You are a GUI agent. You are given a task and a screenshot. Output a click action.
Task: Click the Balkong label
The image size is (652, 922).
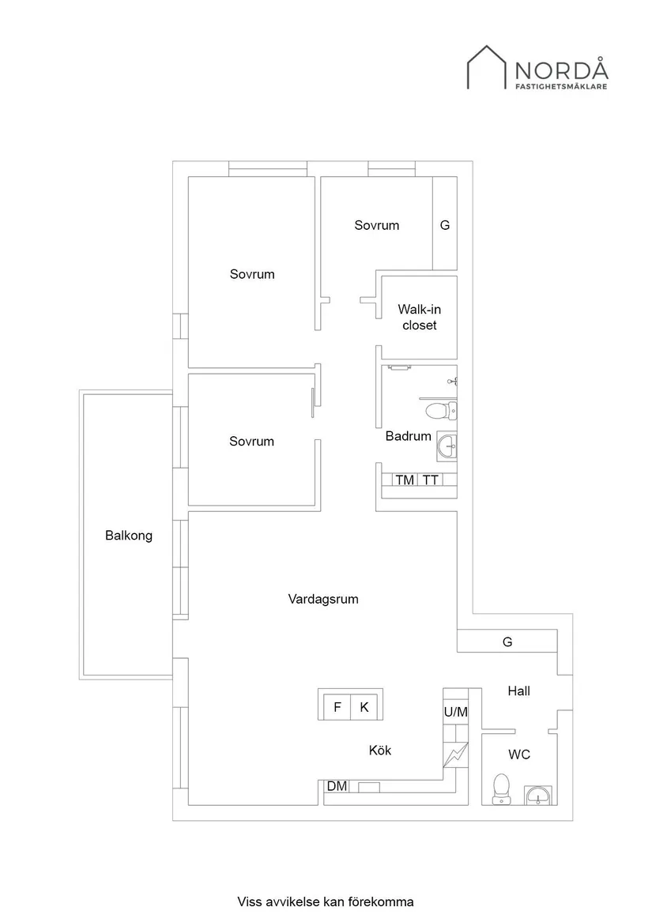click(x=129, y=536)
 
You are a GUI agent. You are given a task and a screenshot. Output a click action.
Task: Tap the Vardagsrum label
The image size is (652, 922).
click(x=322, y=599)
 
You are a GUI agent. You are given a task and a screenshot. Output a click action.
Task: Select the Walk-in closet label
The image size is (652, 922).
click(x=418, y=317)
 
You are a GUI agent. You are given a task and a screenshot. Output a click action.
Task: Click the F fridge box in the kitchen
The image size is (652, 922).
click(x=337, y=707)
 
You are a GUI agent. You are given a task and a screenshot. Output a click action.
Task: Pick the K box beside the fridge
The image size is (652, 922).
click(x=364, y=707)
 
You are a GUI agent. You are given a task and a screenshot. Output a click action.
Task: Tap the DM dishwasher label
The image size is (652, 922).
click(x=337, y=786)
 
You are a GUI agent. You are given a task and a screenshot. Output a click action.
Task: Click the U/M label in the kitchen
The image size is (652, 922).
click(x=456, y=712)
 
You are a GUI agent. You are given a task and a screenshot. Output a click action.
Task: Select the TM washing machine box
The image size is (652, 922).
click(x=405, y=480)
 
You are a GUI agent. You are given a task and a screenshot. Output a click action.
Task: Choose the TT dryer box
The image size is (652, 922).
click(x=431, y=480)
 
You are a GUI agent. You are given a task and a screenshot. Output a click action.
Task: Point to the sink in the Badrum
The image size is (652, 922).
click(x=447, y=446)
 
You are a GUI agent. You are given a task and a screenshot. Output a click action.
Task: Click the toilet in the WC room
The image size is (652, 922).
click(x=501, y=788)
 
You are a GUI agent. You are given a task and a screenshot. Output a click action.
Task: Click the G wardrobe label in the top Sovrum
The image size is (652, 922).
click(x=445, y=225)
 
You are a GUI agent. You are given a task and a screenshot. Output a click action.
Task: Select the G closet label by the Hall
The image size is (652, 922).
click(x=507, y=642)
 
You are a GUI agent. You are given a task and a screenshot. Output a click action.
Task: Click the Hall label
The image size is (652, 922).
click(x=518, y=691)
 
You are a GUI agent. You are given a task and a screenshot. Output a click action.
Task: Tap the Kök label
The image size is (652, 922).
click(x=380, y=751)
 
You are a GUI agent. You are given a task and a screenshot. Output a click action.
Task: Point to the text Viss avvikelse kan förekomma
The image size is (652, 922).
click(x=326, y=901)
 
